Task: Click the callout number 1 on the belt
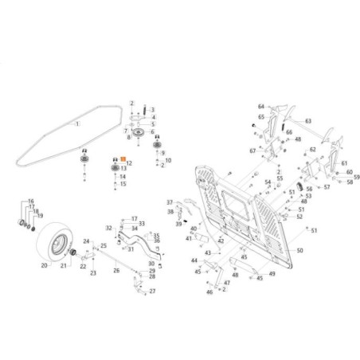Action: coord(77,125)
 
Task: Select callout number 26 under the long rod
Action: coord(117,271)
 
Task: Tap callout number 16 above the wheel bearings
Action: coord(31,202)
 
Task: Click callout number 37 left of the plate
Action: coord(169,202)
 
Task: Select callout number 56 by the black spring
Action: coord(309,189)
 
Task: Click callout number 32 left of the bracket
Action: coord(109,228)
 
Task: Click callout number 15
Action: coord(123,183)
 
